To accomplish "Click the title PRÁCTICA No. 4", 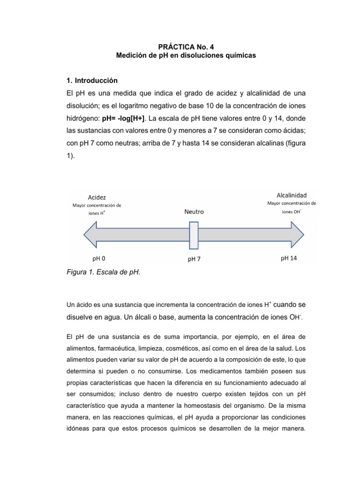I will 180,46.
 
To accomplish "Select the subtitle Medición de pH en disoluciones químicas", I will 180,56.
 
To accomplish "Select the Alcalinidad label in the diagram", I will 292,194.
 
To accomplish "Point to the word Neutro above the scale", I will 194,211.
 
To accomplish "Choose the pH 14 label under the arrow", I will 289,258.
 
